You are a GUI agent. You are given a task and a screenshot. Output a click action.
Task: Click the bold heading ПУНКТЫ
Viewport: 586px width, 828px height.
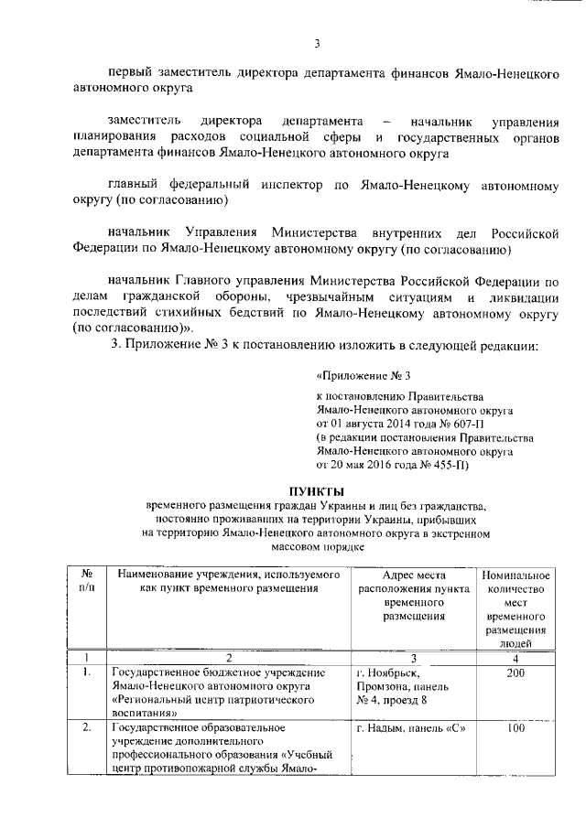pyautogui.click(x=318, y=489)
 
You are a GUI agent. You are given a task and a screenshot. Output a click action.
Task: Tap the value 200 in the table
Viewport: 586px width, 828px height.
pyautogui.click(x=515, y=673)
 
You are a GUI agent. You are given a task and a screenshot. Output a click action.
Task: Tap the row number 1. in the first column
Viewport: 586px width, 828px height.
pyautogui.click(x=85, y=673)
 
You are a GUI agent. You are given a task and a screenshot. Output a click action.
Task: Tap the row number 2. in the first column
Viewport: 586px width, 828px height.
pyautogui.click(x=85, y=728)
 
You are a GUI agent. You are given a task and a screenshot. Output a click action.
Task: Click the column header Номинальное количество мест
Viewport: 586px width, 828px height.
pyautogui.click(x=515, y=608)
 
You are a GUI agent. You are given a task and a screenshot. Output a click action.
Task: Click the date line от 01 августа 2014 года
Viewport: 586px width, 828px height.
pyautogui.click(x=402, y=425)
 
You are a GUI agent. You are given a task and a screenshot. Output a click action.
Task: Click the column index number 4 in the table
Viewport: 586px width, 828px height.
pyautogui.click(x=515, y=657)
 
